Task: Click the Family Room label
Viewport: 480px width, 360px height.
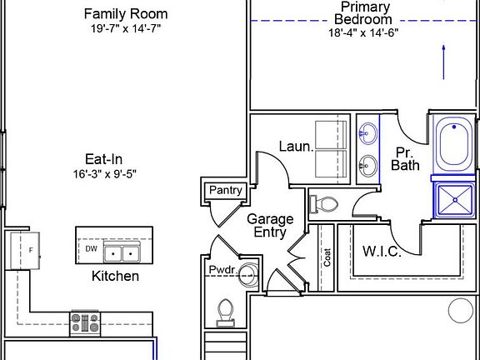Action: [126, 14]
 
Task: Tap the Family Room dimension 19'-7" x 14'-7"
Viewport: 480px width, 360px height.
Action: [126, 29]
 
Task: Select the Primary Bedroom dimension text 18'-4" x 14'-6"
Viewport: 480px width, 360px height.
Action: [363, 32]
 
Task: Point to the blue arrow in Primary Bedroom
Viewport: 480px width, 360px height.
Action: [443, 62]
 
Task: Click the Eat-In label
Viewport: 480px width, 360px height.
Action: [104, 159]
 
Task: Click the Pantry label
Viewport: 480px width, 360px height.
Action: [226, 190]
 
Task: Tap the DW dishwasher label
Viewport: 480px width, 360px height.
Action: [91, 249]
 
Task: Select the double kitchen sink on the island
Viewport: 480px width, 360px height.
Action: [122, 252]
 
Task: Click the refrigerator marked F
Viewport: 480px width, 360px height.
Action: [25, 251]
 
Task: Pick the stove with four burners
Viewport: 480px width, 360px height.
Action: [85, 323]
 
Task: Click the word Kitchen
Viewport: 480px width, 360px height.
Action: [115, 276]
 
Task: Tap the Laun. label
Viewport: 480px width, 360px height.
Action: [297, 147]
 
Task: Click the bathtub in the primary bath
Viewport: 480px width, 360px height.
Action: [453, 145]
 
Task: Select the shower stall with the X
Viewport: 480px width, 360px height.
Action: [455, 200]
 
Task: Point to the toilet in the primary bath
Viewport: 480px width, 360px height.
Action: [324, 204]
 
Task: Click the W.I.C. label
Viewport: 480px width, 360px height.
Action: [382, 252]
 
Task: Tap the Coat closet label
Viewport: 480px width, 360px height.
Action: [327, 257]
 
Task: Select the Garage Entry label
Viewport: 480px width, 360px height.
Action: [270, 226]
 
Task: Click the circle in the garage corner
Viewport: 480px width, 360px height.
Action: [461, 311]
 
